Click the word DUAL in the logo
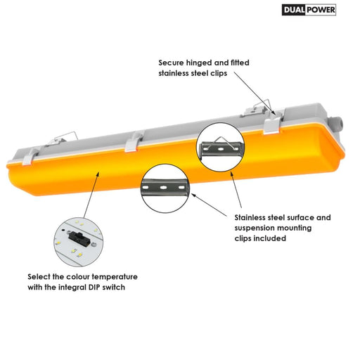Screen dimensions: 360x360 coord(294,10)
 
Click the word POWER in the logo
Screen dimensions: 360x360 coord(321,10)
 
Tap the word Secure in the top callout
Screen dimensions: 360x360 coord(171,63)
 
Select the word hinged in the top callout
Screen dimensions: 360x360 coord(199,63)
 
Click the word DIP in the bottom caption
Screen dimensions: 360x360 coord(94,287)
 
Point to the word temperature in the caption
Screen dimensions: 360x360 coord(115,277)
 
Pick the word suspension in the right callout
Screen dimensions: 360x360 coord(255,229)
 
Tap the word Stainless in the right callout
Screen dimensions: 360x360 coord(250,217)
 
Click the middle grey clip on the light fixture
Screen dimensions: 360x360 coord(134,142)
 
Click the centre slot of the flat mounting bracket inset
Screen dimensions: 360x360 coord(163,188)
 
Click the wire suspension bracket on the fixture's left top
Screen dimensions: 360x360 coord(61,139)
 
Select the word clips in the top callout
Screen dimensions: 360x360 coord(219,74)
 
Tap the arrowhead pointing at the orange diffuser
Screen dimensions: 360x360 coord(98,174)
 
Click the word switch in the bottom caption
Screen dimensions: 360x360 coord(114,287)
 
